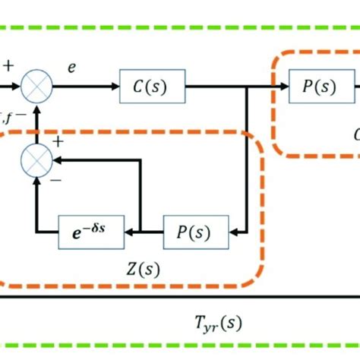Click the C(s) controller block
(x=152, y=89)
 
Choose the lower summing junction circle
(x=36, y=159)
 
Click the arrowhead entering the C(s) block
(x=115, y=89)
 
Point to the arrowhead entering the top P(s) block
(x=283, y=89)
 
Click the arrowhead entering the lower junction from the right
(x=55, y=159)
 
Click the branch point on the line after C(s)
(x=247, y=89)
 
